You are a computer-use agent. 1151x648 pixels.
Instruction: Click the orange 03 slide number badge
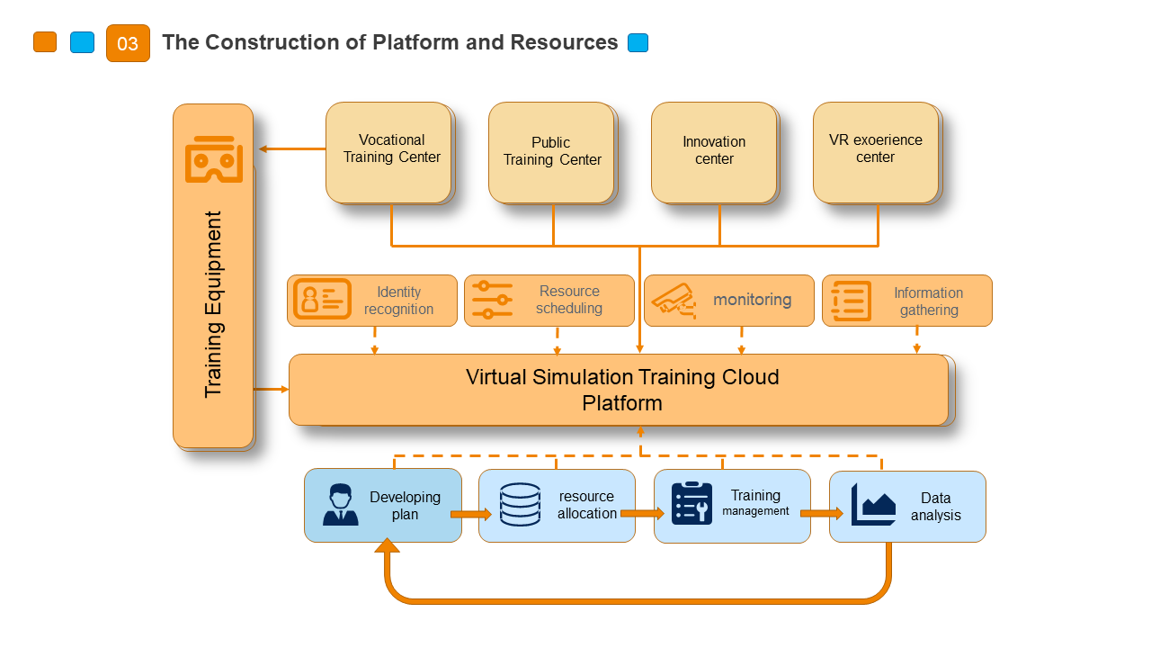(128, 43)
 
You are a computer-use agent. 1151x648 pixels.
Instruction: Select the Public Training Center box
(551, 152)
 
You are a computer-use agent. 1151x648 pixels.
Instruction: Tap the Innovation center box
(714, 152)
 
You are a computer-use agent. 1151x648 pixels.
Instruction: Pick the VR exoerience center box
(876, 152)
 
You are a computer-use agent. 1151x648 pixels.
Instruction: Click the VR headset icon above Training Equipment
(214, 160)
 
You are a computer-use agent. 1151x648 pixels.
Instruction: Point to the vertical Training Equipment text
(213, 304)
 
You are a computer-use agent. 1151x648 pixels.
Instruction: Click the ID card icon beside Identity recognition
(323, 300)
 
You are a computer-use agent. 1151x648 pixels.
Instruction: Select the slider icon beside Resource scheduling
(492, 300)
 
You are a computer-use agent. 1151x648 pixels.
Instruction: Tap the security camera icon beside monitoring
(674, 300)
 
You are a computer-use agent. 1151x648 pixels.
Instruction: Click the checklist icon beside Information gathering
(851, 301)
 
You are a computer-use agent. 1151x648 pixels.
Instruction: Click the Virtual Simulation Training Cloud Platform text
(622, 390)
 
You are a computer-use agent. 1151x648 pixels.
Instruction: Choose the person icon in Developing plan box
(341, 505)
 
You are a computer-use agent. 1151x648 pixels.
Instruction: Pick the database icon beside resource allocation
(520, 505)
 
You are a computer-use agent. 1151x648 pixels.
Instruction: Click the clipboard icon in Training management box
(691, 504)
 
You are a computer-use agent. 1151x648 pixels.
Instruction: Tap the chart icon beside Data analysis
(873, 505)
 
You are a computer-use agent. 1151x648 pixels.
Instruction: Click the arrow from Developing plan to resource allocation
(470, 514)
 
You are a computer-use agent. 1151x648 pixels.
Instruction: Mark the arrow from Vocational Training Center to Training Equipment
(290, 148)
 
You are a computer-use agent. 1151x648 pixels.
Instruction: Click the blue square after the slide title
(638, 42)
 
